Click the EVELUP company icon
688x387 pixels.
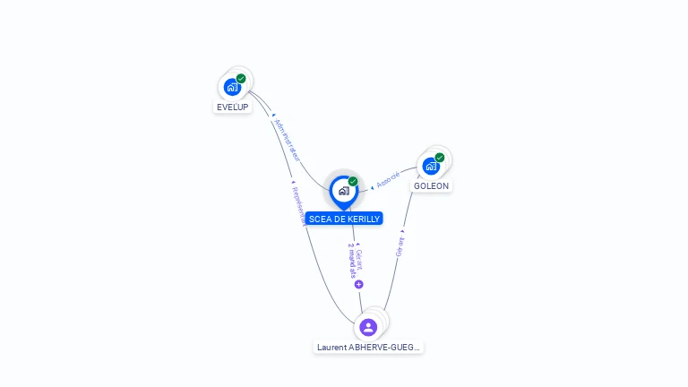[232, 87]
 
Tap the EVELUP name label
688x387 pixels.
[232, 107]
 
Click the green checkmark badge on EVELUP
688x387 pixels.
[241, 79]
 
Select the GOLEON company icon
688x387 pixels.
[431, 166]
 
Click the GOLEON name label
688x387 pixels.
[431, 186]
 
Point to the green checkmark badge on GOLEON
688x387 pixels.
[440, 158]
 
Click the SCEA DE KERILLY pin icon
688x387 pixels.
[343, 191]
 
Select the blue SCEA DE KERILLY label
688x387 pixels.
[344, 219]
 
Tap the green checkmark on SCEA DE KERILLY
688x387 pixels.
[353, 182]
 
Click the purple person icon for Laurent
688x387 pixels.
[367, 327]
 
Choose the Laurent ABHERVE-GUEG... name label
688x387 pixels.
[368, 347]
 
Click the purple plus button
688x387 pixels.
[358, 284]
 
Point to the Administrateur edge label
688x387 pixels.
[288, 140]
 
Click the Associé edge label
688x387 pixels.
[389, 180]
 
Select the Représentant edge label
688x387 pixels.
[298, 203]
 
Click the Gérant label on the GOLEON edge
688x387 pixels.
[400, 245]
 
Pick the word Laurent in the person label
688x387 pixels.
[331, 347]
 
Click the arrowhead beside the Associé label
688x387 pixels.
[372, 187]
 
